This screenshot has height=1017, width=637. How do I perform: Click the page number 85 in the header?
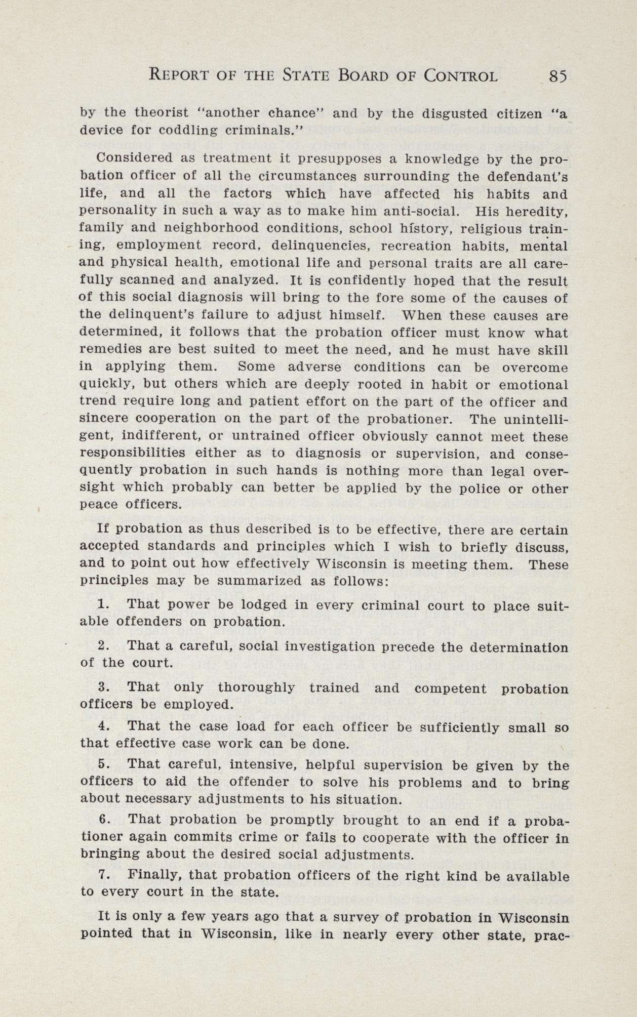(558, 76)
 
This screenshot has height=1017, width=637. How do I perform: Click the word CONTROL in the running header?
(460, 76)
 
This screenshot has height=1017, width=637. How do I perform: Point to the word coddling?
(194, 130)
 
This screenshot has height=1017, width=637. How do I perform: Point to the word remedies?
(110, 350)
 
